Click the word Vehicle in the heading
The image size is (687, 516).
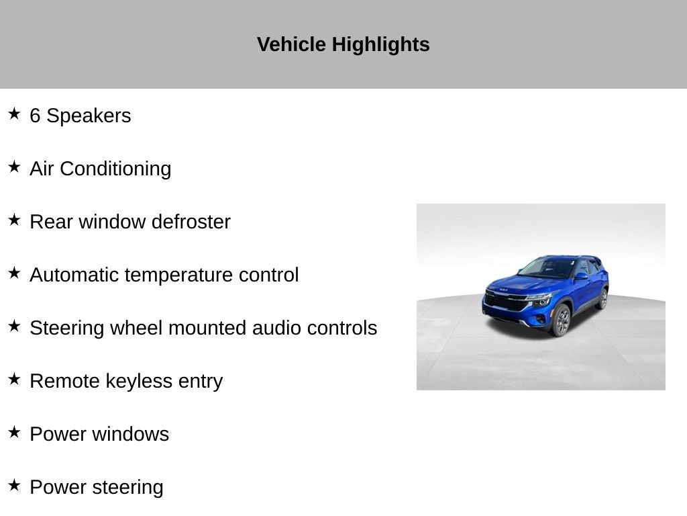coord(291,44)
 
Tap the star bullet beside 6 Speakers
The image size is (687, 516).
coord(14,114)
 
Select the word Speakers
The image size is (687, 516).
coord(89,116)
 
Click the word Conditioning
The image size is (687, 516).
coord(115,169)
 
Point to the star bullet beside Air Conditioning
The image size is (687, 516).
coord(14,167)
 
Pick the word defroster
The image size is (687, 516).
coord(191,222)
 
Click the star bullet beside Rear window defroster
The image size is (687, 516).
coord(14,220)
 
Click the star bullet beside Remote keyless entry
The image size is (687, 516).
coord(14,379)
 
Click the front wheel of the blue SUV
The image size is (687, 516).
coord(562,320)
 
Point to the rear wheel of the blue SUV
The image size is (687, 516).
coord(603,299)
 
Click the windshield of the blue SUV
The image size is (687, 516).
coord(546,268)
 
